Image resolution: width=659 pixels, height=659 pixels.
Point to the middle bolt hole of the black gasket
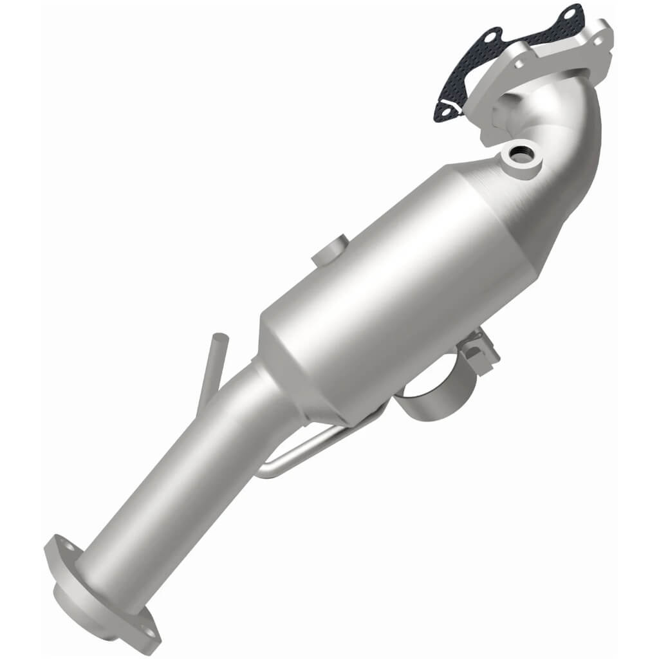[x=493, y=35]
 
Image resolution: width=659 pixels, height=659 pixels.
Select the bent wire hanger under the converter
[x=302, y=450]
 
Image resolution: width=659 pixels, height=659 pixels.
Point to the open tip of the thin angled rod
[x=219, y=337]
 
